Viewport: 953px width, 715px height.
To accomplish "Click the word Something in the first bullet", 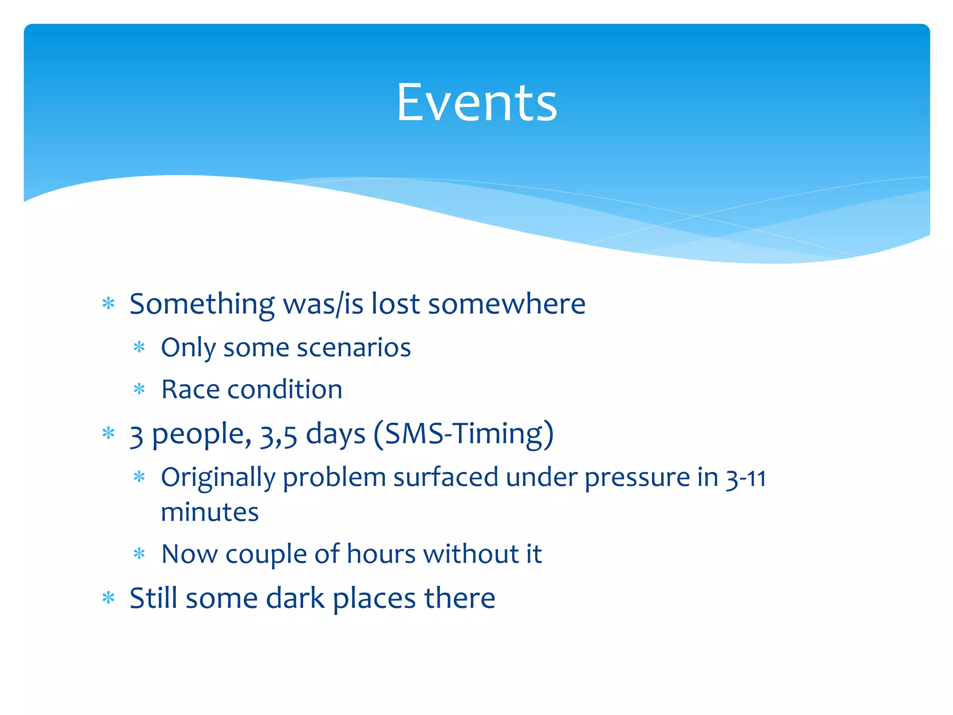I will pos(202,304).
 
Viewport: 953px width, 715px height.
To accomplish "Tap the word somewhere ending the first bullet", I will pos(506,304).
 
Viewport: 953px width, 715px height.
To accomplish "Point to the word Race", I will pos(190,390).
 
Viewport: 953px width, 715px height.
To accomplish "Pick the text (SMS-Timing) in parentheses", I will pos(463,434).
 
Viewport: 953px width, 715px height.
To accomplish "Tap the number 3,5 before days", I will pos(278,435).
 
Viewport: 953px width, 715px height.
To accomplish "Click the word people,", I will pos(201,435).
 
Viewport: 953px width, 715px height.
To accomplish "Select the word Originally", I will pos(217,478).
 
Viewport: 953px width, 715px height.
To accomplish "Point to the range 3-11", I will pos(746,478).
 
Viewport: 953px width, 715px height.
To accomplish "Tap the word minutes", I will pos(209,513).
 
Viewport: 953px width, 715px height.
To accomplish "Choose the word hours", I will pos(381,554).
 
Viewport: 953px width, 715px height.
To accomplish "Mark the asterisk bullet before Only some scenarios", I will pos(139,347).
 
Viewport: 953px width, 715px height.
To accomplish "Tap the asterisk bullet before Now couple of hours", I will pos(139,554).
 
